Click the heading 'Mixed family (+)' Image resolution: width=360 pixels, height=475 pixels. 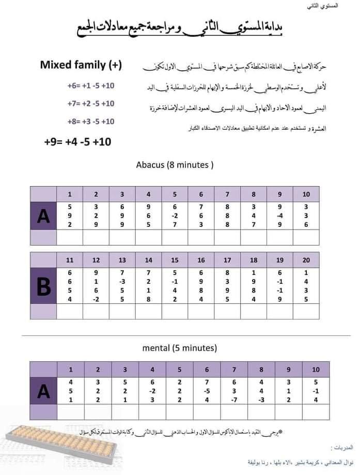click(81, 65)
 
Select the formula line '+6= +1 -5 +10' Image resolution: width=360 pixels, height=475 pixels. click(90, 85)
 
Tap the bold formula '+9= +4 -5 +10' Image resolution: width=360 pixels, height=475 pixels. click(77, 141)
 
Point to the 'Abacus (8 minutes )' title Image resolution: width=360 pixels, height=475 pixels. click(175, 165)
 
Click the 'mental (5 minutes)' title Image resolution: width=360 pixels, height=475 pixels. click(179, 348)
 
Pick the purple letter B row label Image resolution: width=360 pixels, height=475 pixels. click(43, 285)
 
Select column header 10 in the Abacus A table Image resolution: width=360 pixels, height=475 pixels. click(306, 194)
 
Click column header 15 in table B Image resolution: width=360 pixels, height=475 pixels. click(175, 260)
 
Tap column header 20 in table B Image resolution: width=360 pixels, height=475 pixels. click(306, 260)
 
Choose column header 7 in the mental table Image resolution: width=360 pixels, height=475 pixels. click(234, 370)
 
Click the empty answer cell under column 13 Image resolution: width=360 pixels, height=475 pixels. click(122, 312)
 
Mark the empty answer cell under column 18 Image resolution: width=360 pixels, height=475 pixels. click(254, 312)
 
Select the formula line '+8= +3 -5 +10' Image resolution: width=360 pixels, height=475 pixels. click(90, 121)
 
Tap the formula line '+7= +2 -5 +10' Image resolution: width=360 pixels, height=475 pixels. click(90, 103)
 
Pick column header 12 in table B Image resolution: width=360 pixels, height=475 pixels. click(96, 260)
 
